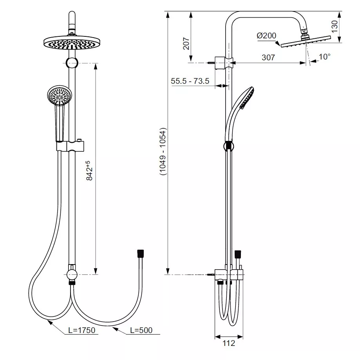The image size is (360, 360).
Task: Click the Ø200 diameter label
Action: click(x=266, y=36)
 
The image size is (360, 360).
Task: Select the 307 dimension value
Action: click(x=268, y=58)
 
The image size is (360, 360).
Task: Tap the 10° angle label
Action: click(x=325, y=56)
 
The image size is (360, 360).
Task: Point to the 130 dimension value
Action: click(x=335, y=26)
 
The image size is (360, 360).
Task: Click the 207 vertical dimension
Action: click(x=186, y=43)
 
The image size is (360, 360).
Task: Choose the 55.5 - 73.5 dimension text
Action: click(x=190, y=81)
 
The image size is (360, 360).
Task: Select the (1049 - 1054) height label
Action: click(x=163, y=152)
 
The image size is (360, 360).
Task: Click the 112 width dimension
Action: click(x=229, y=343)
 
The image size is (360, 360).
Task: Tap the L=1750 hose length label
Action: click(x=81, y=330)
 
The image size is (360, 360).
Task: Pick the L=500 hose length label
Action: click(x=141, y=330)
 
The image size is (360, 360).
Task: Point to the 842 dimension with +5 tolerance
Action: click(x=89, y=171)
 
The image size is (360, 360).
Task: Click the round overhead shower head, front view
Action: click(x=72, y=43)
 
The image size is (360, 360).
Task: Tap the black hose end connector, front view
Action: click(x=140, y=254)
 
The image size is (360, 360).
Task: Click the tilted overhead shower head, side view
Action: click(x=306, y=41)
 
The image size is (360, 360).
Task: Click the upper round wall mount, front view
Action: click(x=72, y=63)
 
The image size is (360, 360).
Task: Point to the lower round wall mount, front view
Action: click(x=72, y=275)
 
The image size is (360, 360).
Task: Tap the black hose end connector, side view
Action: click(x=238, y=254)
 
